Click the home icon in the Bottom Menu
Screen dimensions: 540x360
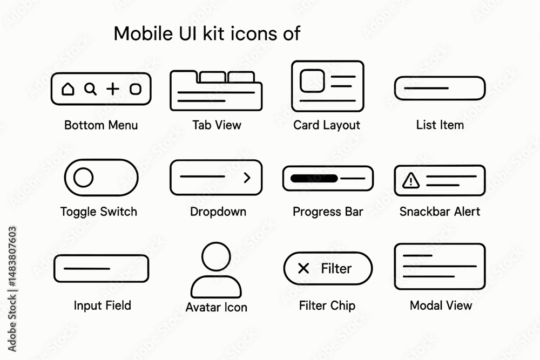(x=68, y=89)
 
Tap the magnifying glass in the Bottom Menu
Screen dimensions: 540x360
(x=90, y=89)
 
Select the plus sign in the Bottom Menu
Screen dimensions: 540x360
(x=113, y=89)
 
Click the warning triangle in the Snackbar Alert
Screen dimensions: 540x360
(x=411, y=180)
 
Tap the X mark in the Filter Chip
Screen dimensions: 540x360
(x=303, y=268)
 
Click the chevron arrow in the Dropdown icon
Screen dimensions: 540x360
(x=247, y=178)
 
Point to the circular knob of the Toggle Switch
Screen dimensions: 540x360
(x=83, y=177)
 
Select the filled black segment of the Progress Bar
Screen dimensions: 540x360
(x=314, y=178)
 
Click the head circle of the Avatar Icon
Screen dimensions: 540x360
(x=217, y=256)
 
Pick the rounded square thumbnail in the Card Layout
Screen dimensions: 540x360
(x=312, y=81)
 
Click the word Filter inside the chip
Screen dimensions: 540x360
(x=336, y=268)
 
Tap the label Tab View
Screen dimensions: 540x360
(x=217, y=125)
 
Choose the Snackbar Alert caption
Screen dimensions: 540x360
(x=440, y=212)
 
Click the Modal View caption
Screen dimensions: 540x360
(x=441, y=305)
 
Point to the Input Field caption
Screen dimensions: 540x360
(x=102, y=305)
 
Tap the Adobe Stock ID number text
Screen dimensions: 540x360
(x=12, y=257)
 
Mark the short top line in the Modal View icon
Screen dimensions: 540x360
(x=417, y=255)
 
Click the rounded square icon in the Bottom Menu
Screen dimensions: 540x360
(x=136, y=89)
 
